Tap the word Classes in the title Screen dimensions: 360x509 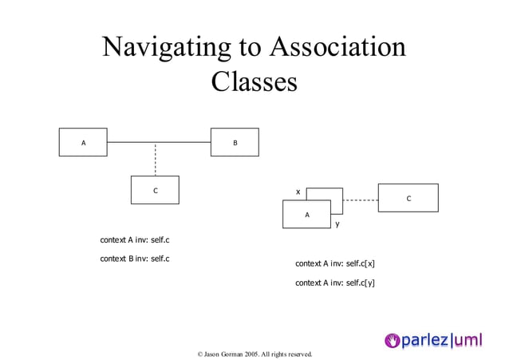[x=254, y=82]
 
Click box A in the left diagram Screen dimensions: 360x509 [x=83, y=142]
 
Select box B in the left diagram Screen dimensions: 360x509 [x=235, y=142]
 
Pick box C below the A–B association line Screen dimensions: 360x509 [x=155, y=190]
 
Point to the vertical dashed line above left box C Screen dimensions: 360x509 [x=155, y=160]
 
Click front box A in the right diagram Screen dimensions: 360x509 [x=306, y=214]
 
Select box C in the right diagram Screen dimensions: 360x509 [x=408, y=198]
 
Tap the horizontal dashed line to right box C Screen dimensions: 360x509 [x=361, y=200]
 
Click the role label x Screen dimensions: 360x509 [x=298, y=192]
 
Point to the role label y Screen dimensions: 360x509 [x=337, y=224]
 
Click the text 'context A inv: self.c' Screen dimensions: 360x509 [x=135, y=239]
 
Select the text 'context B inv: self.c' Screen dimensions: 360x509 [x=135, y=259]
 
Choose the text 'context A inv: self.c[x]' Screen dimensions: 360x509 [x=335, y=263]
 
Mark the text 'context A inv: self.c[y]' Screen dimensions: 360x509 [x=335, y=283]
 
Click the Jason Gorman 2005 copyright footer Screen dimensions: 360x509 [x=254, y=354]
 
